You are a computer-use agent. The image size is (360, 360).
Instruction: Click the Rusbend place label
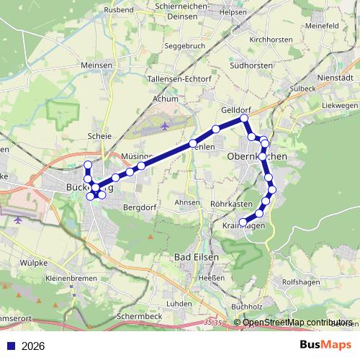120,9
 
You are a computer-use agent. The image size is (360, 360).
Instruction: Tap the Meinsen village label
97,65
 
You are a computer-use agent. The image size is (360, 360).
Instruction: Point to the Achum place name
165,99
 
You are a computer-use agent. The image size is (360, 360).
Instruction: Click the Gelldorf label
235,110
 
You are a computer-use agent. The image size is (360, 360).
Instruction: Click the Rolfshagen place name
300,282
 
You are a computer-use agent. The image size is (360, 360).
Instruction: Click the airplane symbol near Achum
164,125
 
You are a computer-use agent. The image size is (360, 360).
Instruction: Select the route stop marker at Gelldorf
244,117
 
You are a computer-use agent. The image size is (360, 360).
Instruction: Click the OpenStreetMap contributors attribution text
297,323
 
